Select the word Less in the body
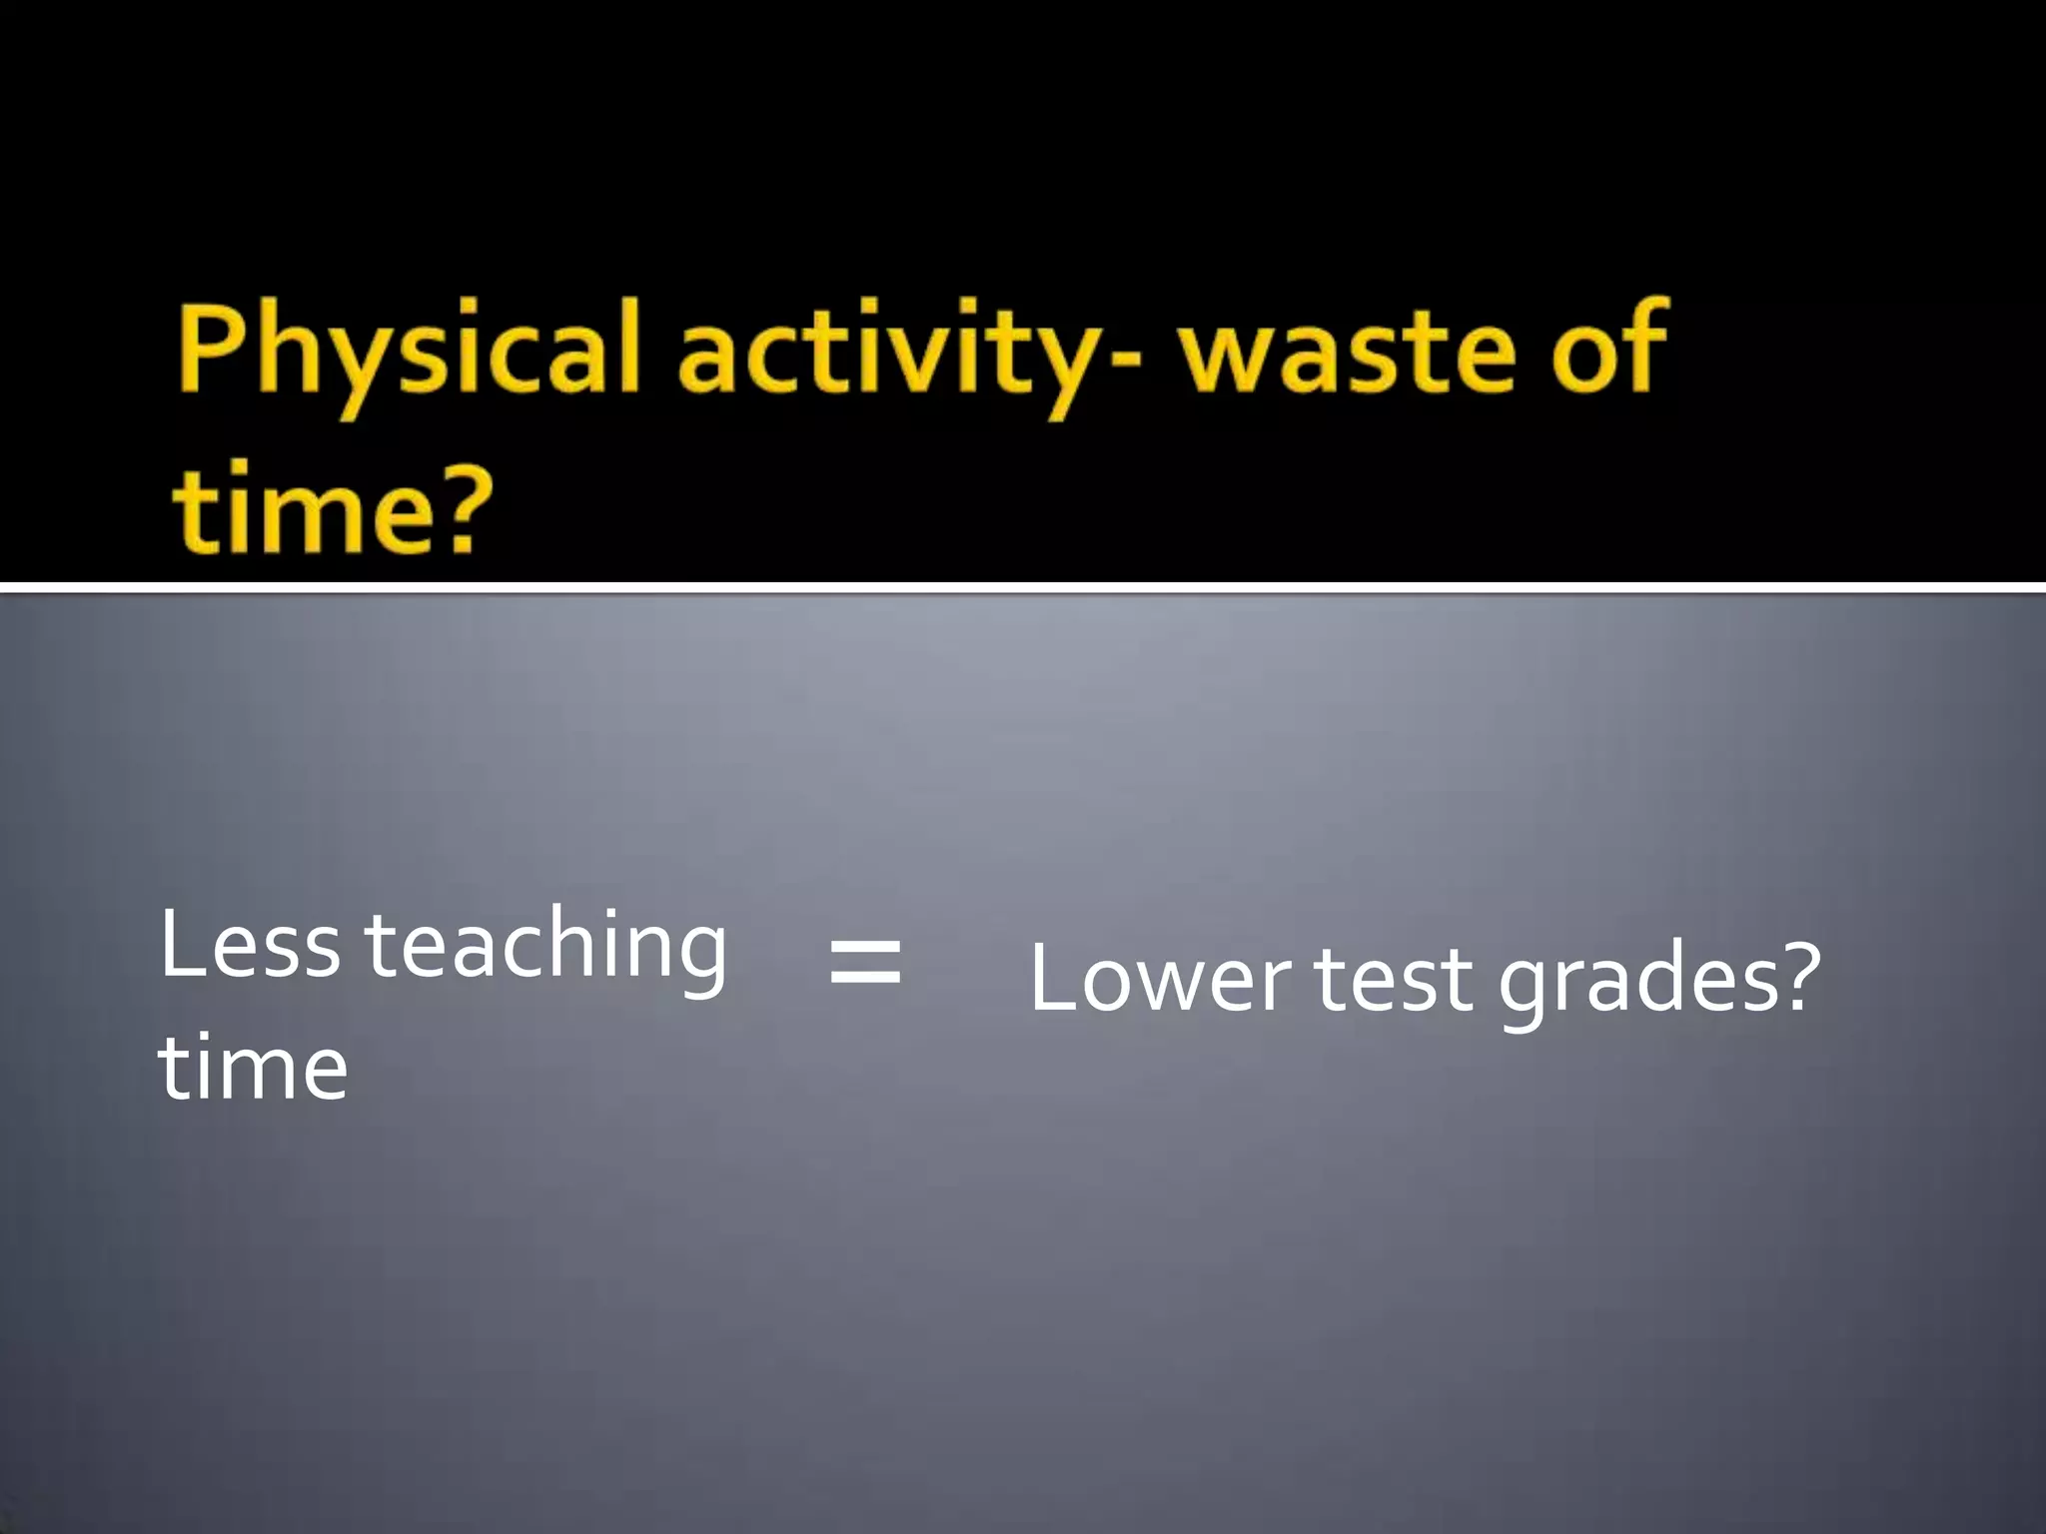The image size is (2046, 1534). click(x=250, y=945)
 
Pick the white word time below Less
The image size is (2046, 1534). click(x=253, y=1068)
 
